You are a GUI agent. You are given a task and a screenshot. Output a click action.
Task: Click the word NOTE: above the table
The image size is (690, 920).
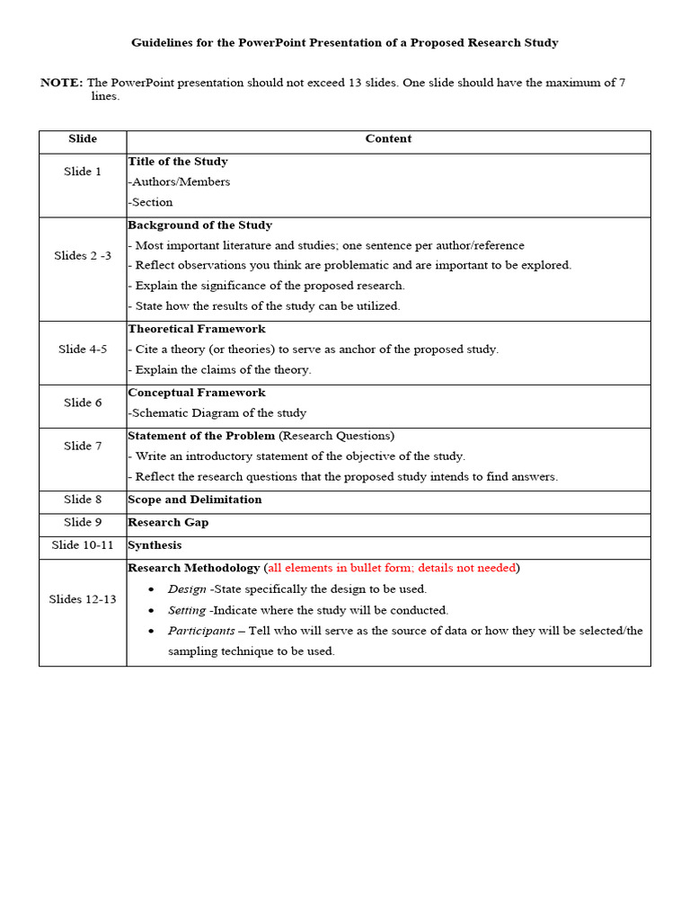point(61,83)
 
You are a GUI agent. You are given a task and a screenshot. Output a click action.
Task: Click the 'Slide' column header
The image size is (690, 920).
point(83,139)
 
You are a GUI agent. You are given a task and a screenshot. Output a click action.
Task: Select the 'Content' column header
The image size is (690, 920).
point(388,139)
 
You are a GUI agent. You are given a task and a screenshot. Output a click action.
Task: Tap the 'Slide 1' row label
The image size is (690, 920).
point(83,172)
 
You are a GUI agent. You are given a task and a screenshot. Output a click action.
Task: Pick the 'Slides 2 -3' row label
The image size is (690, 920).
point(83,256)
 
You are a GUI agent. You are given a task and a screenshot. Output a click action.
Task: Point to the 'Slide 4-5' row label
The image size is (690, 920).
point(83,349)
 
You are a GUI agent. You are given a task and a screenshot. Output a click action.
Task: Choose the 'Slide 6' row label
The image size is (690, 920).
point(83,403)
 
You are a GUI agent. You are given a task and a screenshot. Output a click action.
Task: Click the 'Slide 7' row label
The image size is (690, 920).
point(83,447)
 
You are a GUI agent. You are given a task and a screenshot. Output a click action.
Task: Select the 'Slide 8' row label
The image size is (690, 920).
point(83,500)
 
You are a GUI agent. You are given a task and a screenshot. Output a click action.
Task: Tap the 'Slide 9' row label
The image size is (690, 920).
point(83,523)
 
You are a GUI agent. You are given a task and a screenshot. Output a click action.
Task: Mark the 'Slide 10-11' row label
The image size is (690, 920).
point(83,545)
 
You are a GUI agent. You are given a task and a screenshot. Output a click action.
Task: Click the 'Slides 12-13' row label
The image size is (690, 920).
point(83,599)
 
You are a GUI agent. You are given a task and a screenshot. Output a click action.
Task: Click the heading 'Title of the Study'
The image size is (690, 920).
point(178,162)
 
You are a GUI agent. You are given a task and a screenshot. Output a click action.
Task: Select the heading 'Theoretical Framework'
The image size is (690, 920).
point(197,329)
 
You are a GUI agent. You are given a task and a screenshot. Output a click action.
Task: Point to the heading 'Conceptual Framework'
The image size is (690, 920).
point(197,393)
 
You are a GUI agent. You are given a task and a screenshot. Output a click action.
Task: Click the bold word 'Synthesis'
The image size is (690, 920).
point(155,545)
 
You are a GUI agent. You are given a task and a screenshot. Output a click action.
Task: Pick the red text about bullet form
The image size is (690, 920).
point(392,568)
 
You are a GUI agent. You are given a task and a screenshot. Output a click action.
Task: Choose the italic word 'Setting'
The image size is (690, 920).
point(187,610)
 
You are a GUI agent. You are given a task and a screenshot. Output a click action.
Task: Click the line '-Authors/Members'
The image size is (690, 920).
point(180,182)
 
